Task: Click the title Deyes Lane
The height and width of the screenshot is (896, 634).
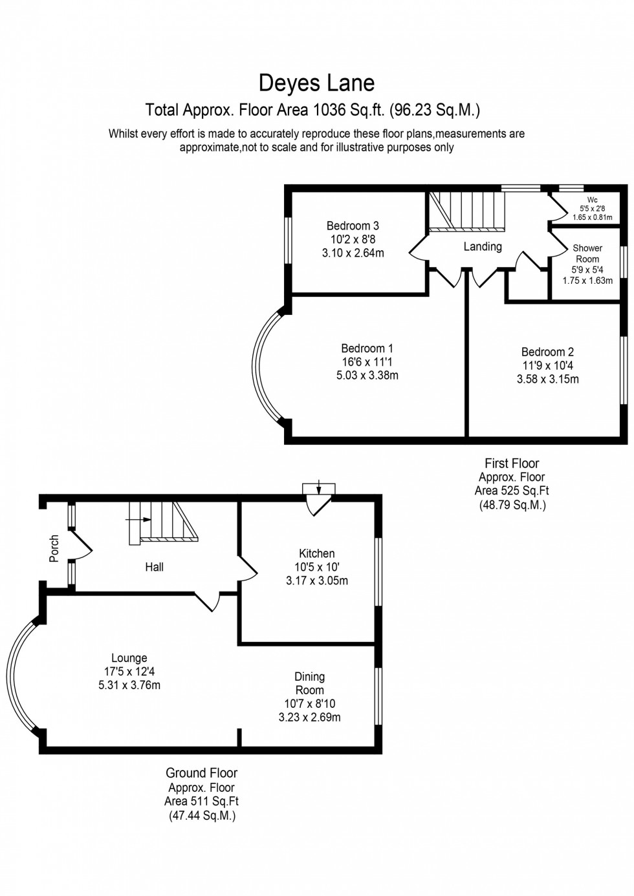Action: tap(316, 83)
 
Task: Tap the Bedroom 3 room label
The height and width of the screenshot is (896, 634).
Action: tap(353, 226)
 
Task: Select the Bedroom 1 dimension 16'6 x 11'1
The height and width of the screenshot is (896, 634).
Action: tap(367, 362)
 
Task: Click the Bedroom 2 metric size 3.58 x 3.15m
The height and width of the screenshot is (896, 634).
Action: tap(547, 379)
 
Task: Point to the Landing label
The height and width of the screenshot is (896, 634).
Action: tap(483, 246)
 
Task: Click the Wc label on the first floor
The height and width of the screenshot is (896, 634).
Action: tap(592, 200)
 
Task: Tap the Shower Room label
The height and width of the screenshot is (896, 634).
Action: tap(587, 253)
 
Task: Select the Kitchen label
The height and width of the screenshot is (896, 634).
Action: tap(317, 553)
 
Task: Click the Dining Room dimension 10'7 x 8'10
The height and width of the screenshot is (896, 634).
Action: tap(309, 704)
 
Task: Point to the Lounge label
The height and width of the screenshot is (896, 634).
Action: tap(129, 658)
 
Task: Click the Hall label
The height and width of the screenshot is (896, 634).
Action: tap(154, 567)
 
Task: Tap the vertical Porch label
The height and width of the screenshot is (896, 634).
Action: tap(55, 548)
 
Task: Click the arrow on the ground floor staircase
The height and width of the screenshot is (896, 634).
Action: tap(145, 519)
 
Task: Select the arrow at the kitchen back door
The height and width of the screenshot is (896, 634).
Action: tap(320, 488)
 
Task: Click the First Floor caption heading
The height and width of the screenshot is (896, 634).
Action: tap(512, 463)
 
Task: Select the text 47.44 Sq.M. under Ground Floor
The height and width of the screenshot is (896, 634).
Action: tap(202, 816)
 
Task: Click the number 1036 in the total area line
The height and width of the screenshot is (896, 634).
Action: tap(329, 110)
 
